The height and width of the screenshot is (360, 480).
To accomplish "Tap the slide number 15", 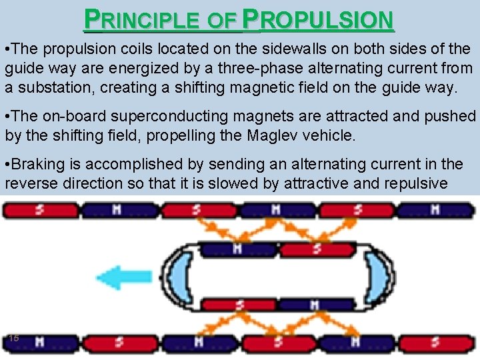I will coord(13,339).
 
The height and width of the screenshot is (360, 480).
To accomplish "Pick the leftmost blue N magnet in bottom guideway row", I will coord(39,342).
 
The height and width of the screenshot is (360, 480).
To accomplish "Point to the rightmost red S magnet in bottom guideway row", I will coord(434,342).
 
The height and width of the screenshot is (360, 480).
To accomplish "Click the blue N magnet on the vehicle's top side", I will coord(238,249).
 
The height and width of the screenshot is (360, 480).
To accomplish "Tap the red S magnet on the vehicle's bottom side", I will coord(238,304).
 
